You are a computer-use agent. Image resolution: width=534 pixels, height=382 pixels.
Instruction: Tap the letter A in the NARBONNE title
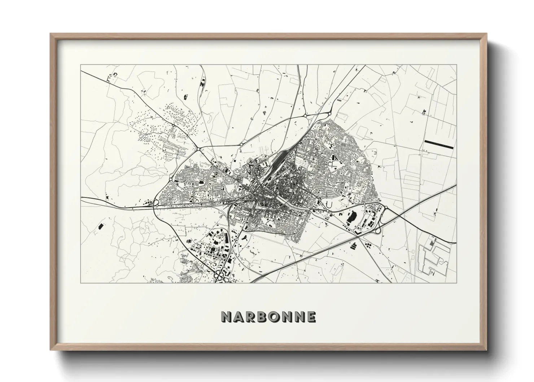point(239,317)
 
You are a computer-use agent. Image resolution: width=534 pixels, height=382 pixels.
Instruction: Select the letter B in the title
point(264,317)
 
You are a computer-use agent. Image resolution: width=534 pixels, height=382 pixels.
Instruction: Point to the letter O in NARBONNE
point(276,317)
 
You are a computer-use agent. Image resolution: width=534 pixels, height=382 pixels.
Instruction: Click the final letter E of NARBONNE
point(312,317)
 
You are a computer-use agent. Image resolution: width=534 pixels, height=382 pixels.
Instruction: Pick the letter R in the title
point(251,317)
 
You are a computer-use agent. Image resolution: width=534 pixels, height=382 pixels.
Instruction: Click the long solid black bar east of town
point(438,144)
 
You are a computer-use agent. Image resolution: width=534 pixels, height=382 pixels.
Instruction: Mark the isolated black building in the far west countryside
point(100,227)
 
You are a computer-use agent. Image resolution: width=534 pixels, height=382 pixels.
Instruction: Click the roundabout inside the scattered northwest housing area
point(174,125)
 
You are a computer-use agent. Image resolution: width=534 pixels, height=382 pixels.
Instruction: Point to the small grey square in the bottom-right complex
point(432,244)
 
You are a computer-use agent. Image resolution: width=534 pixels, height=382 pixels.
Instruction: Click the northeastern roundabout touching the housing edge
point(329,114)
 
